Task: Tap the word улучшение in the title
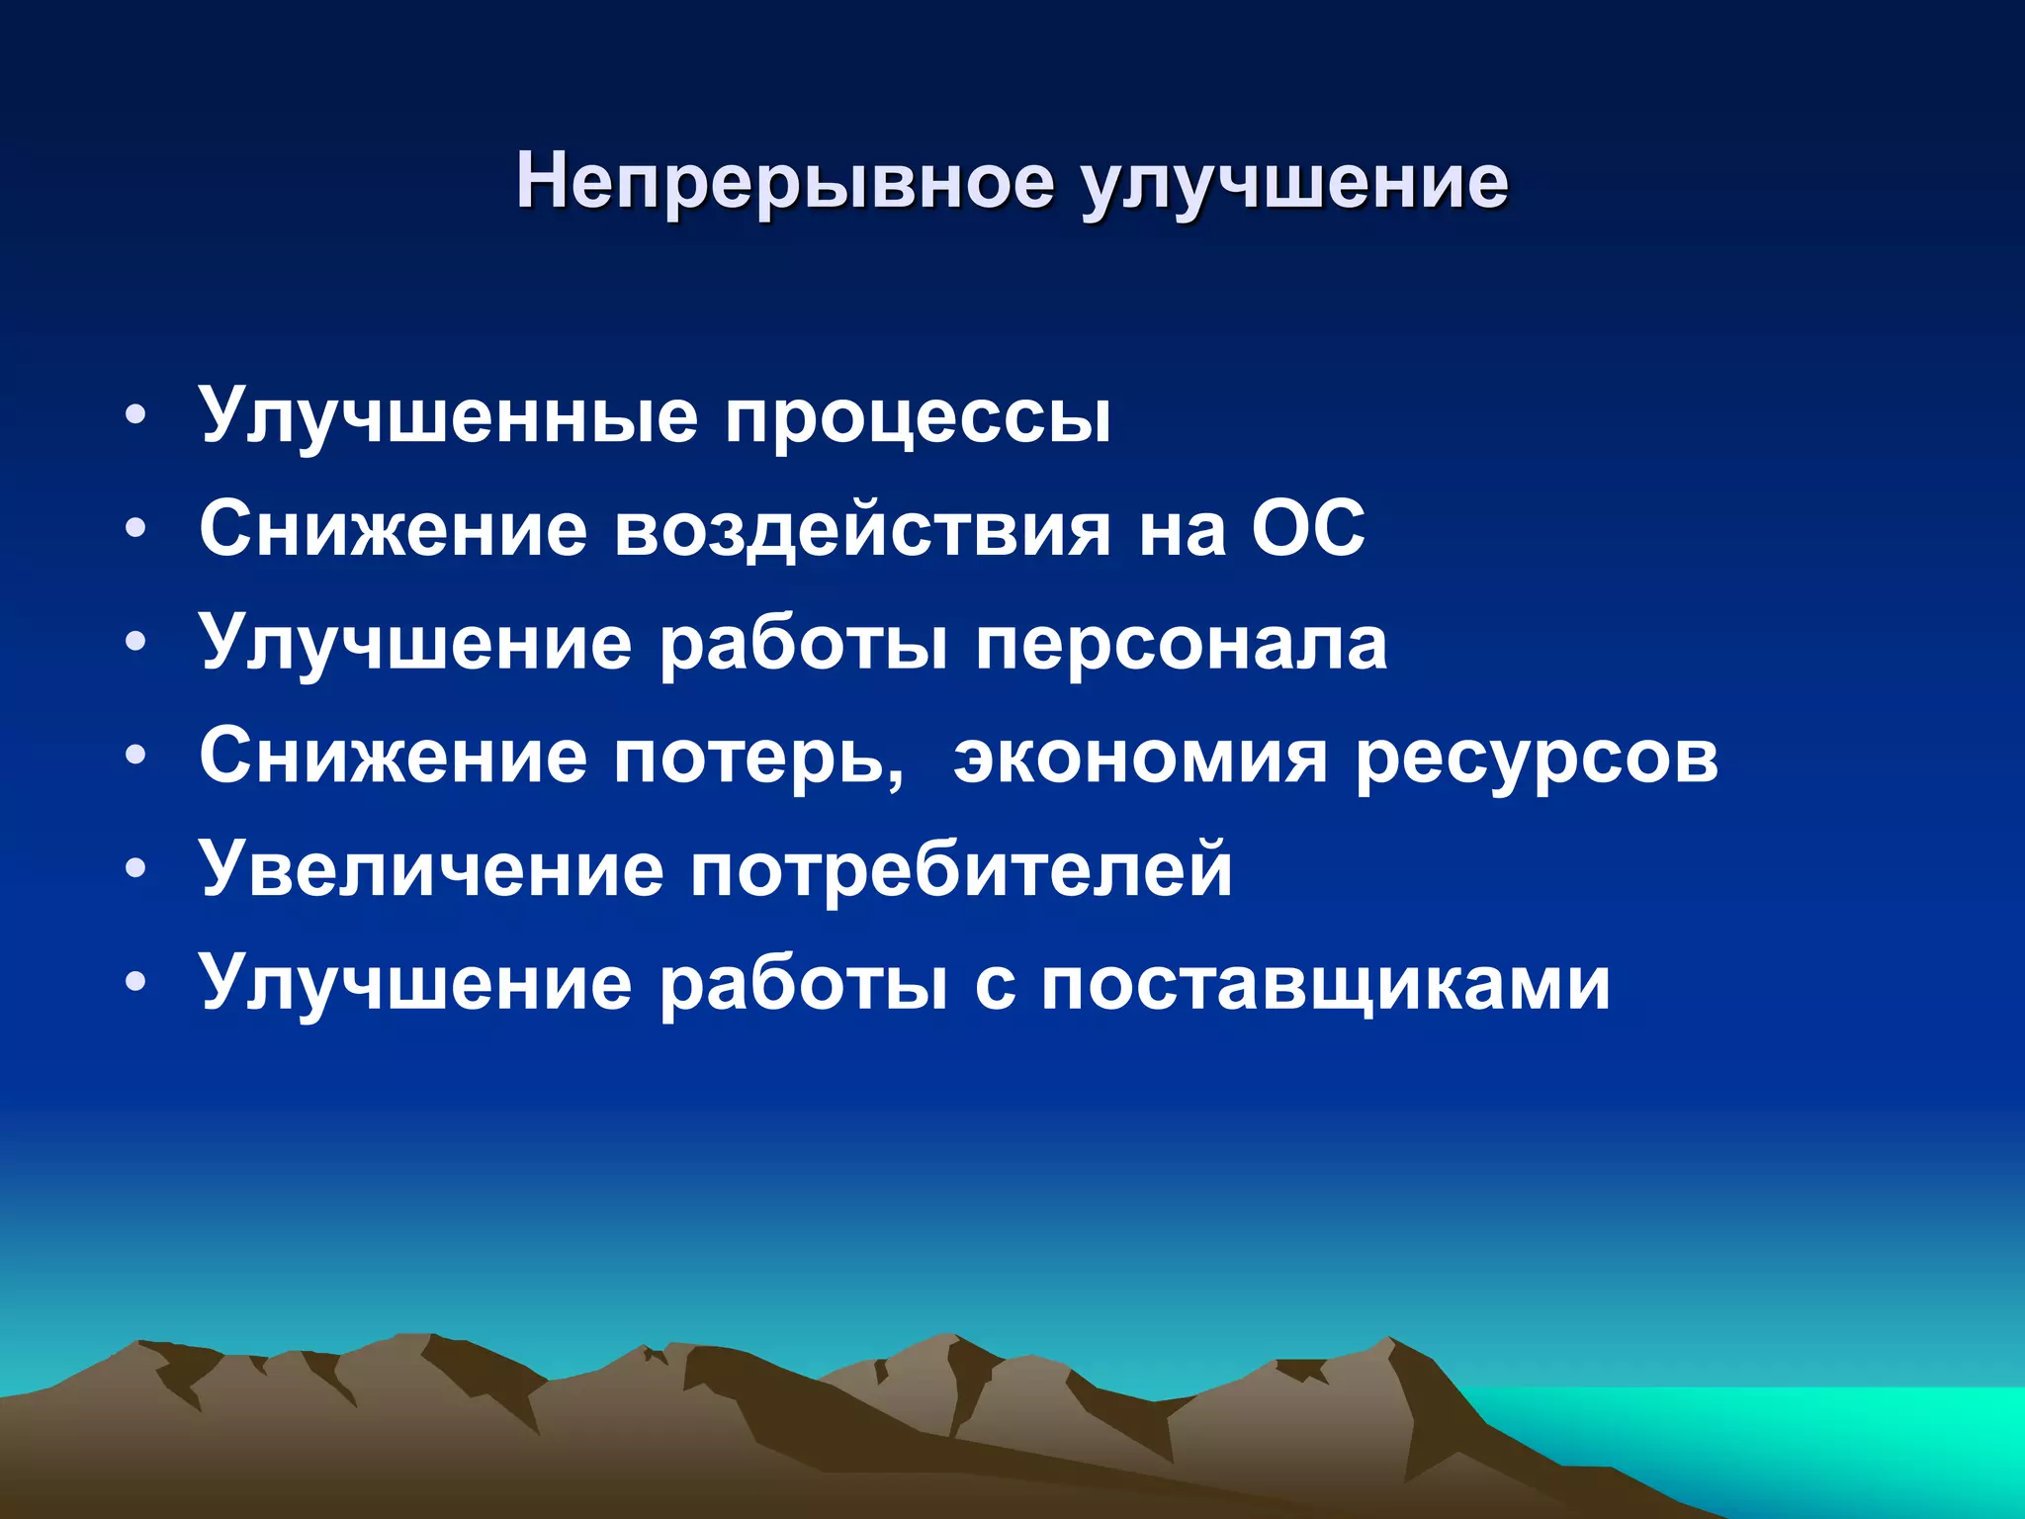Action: point(1294,184)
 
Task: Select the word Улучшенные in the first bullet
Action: point(449,415)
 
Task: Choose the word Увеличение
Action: point(431,870)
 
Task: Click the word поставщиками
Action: point(1326,985)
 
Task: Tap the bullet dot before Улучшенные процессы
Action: point(136,414)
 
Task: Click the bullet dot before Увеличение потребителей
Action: point(136,869)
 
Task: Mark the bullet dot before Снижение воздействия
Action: point(136,528)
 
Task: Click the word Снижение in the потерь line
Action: point(394,757)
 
